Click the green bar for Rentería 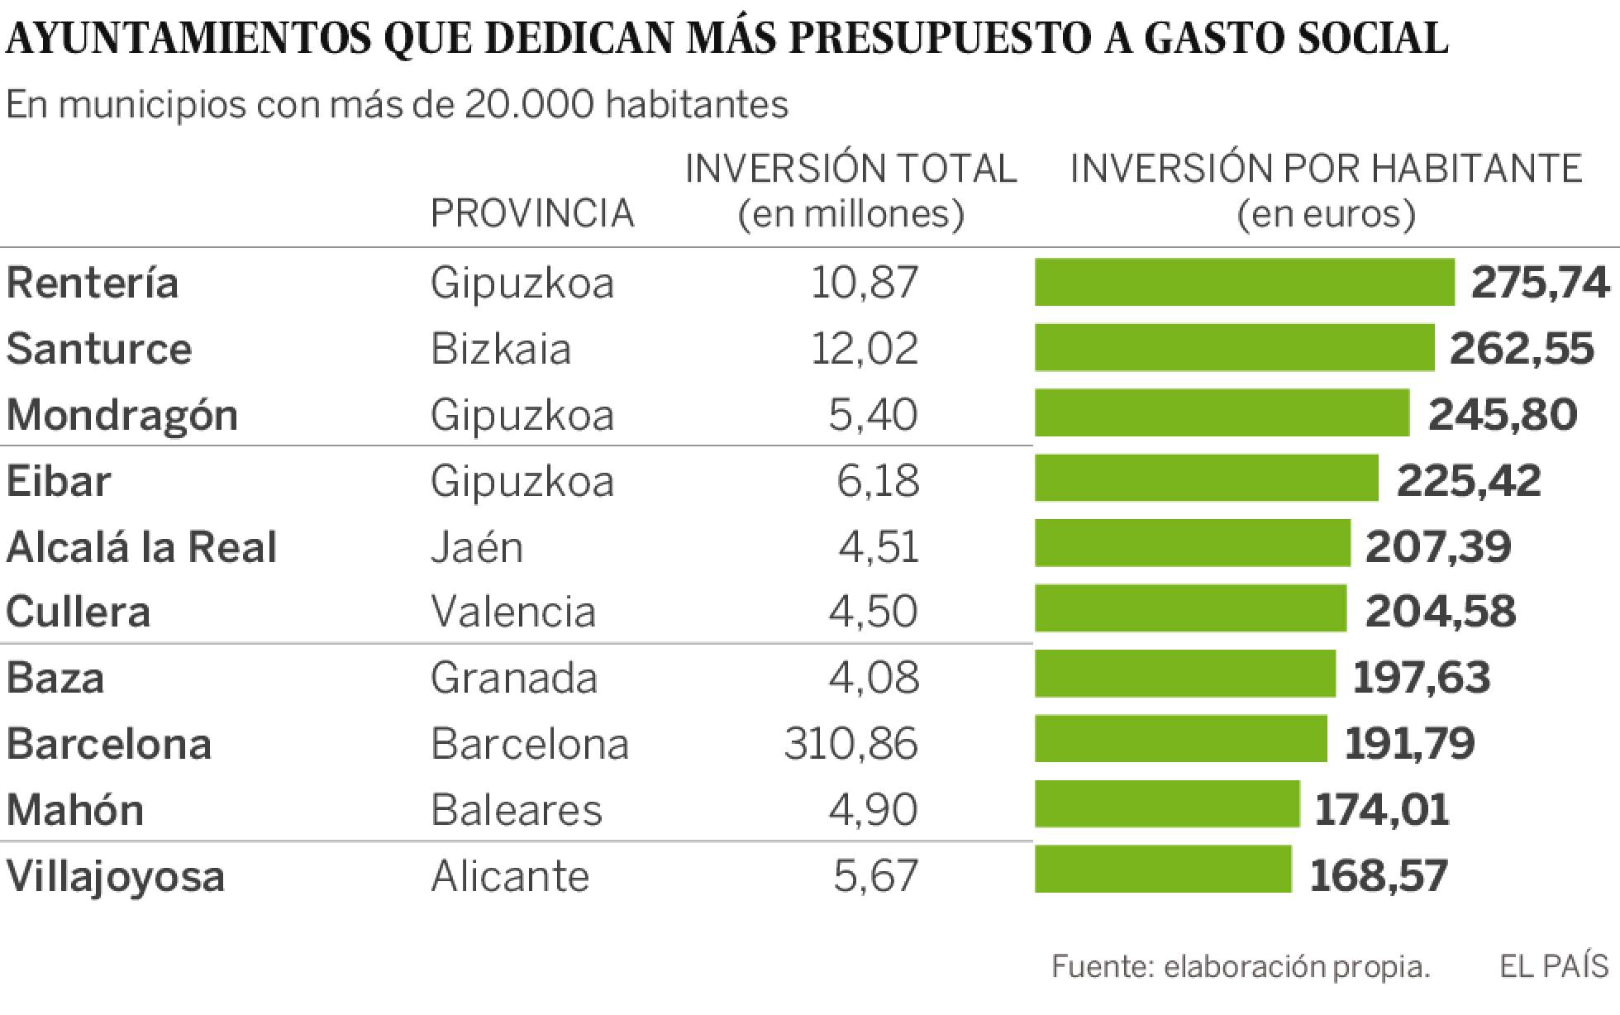pos(1244,283)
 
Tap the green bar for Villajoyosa pos(1162,870)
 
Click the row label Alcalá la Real pos(141,547)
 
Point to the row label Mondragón pos(122,415)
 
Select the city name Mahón pos(75,809)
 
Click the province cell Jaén pos(477,547)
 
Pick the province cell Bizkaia pos(501,349)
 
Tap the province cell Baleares pos(517,809)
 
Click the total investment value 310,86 pos(850,743)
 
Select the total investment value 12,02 pos(864,349)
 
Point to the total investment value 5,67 pos(875,875)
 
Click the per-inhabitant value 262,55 pos(1522,349)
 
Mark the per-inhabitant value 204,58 pos(1440,612)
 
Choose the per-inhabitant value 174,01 pos(1381,809)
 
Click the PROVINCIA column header pos(532,214)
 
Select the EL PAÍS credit pos(1554,965)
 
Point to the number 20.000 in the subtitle pos(529,104)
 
